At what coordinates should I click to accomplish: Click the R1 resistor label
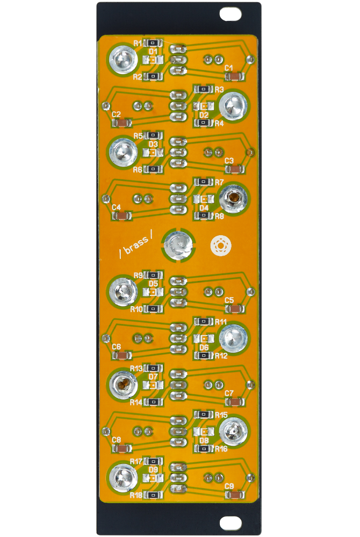coord(138,42)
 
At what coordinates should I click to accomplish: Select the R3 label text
coord(219,89)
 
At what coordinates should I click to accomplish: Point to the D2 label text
coord(204,115)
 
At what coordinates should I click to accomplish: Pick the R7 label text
coord(219,183)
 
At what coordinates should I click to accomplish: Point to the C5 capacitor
coord(235,309)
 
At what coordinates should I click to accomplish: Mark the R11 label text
coord(221,322)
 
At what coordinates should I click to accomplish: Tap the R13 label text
coord(136,368)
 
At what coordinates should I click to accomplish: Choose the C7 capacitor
coord(235,402)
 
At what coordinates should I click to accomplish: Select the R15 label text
coord(221,415)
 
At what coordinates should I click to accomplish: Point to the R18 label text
coord(136,495)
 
